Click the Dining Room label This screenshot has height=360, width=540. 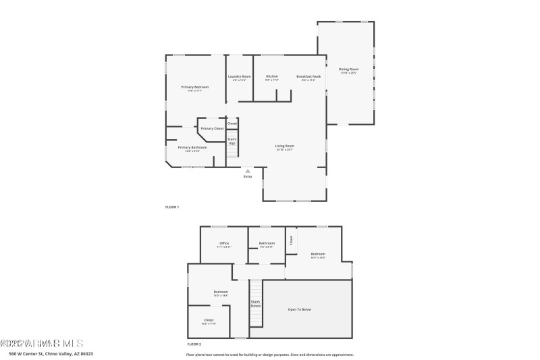click(348, 70)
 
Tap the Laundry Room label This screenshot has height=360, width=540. click(239, 76)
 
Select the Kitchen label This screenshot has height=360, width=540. click(272, 76)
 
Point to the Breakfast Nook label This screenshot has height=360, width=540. click(308, 76)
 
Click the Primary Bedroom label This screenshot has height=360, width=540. click(194, 87)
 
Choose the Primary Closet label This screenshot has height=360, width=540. click(212, 128)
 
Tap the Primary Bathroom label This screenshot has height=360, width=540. click(192, 147)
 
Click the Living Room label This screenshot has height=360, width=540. click(284, 146)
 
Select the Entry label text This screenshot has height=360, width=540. click(248, 176)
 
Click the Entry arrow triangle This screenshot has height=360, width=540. click(248, 170)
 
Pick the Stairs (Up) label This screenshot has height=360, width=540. click(232, 141)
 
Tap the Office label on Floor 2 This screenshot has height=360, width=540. click(224, 243)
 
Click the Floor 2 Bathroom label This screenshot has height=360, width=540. click(267, 243)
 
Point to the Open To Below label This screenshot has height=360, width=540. click(300, 309)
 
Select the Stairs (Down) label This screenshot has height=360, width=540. click(256, 304)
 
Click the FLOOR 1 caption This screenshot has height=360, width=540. click(172, 207)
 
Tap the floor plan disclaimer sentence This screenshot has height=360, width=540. click(269, 354)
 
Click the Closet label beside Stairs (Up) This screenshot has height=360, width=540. click(232, 124)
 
